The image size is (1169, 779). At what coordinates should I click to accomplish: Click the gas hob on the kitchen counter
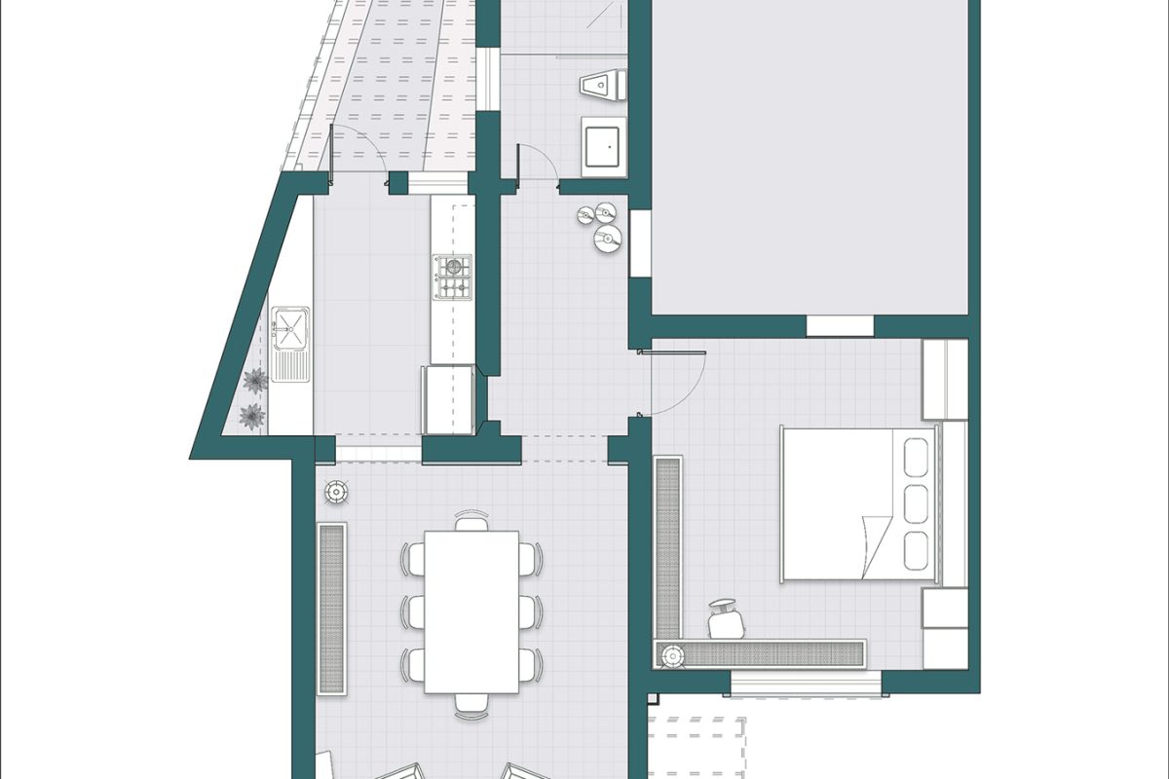point(452,277)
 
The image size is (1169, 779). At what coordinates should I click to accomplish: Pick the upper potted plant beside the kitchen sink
point(255,381)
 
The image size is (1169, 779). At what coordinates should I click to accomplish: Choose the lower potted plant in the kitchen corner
point(252,417)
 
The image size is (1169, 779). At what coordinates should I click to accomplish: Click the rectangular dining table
point(471,612)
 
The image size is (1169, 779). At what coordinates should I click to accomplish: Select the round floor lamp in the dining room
point(336,493)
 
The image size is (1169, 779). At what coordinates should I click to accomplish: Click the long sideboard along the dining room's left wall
point(331,609)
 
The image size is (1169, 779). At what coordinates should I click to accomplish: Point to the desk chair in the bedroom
point(723,618)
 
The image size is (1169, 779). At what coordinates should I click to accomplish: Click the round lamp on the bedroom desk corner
point(671,656)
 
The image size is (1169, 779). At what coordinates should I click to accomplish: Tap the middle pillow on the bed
point(917,503)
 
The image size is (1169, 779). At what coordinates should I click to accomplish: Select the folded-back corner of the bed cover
point(877,545)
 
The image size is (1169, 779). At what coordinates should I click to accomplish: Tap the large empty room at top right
point(809,156)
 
